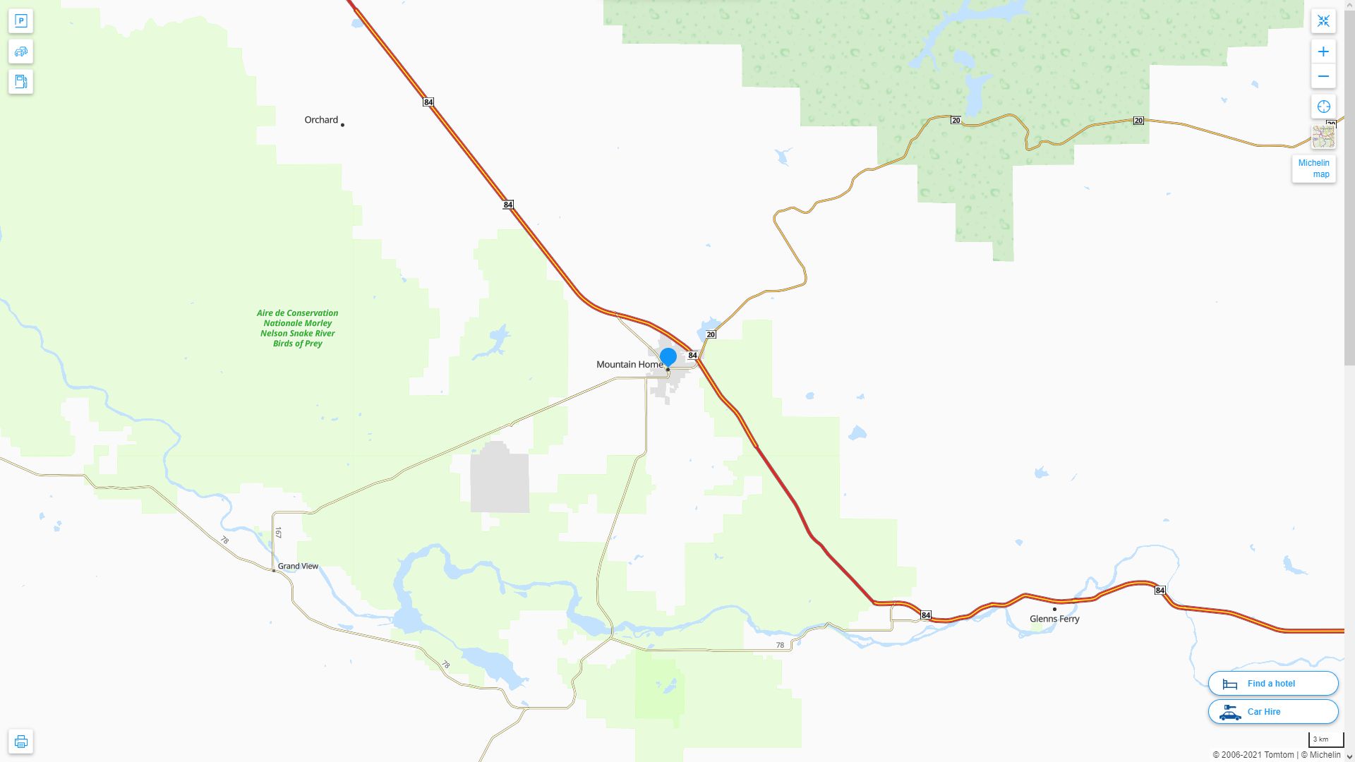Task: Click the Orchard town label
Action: click(x=321, y=120)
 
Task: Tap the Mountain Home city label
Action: click(x=630, y=365)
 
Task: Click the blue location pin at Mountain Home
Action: click(x=668, y=357)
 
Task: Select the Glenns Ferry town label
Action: click(x=1054, y=619)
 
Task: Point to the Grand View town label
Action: click(x=298, y=566)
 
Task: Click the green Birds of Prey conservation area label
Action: click(x=297, y=328)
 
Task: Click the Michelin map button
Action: click(x=1313, y=169)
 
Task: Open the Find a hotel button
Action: click(x=1273, y=683)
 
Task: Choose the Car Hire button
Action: click(x=1273, y=712)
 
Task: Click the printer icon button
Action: click(x=20, y=742)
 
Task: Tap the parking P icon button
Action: click(x=20, y=21)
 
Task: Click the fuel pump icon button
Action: click(x=20, y=82)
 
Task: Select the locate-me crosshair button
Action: click(x=1323, y=107)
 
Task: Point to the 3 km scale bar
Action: click(x=1325, y=740)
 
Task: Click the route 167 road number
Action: click(x=278, y=533)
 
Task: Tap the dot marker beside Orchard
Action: click(x=342, y=125)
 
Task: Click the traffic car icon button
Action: click(x=20, y=52)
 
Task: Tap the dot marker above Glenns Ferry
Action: click(x=1054, y=609)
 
